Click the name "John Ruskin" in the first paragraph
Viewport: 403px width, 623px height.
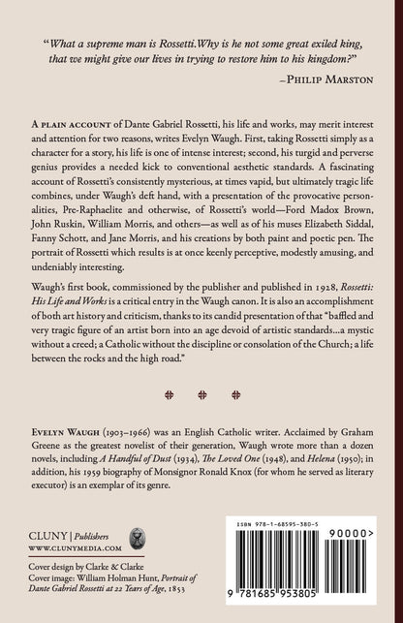tap(64, 220)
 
